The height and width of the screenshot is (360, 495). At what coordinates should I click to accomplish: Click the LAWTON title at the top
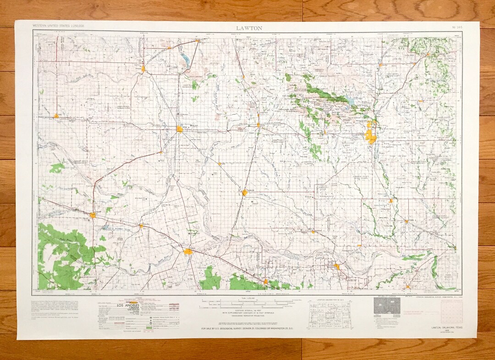(x=249, y=28)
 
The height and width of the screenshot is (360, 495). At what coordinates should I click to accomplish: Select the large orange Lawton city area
(x=370, y=136)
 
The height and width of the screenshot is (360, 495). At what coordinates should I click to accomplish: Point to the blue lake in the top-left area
(x=186, y=58)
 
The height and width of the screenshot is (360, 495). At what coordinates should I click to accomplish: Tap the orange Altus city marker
(x=180, y=129)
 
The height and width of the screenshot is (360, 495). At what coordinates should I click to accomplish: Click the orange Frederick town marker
(x=245, y=193)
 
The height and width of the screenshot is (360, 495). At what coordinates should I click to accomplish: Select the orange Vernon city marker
(x=188, y=251)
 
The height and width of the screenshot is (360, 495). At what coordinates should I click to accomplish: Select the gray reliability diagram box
(x=383, y=306)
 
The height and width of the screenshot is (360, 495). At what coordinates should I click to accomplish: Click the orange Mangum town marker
(x=143, y=69)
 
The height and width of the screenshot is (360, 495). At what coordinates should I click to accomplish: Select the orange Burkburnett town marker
(x=337, y=266)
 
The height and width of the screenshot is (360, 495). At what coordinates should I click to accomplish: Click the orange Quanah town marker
(x=93, y=215)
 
